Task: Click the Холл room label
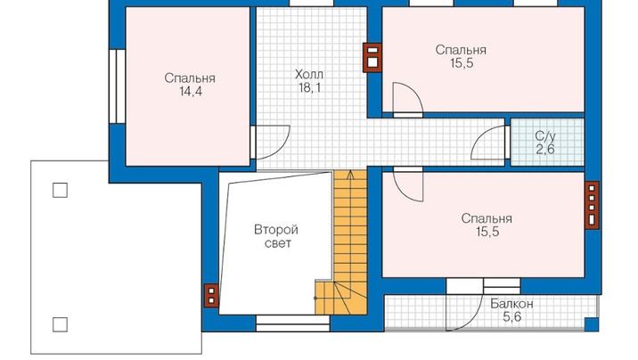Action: tap(309, 75)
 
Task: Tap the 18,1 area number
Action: tap(309, 87)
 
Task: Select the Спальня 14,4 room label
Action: tap(190, 85)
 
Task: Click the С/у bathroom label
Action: tap(545, 135)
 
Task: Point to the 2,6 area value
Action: tap(545, 150)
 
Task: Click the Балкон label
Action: tap(511, 304)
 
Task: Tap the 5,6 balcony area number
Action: tap(511, 316)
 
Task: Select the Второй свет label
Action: tap(276, 236)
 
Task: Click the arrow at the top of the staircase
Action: tap(350, 175)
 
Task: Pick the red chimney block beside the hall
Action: tap(372, 58)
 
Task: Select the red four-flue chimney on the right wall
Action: tap(592, 205)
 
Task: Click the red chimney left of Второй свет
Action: tap(211, 296)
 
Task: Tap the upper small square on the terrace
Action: tap(61, 190)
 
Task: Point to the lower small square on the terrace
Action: tap(61, 324)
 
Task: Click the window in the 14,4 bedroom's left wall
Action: tap(118, 86)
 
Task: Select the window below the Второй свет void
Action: tap(292, 323)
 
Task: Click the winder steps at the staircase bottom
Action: tap(341, 298)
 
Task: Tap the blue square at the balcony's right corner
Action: tap(592, 324)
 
